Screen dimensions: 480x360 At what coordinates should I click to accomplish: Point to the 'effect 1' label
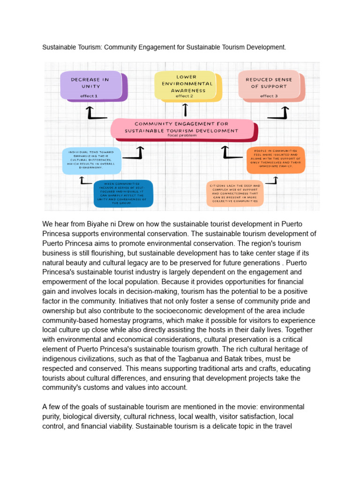[89, 96]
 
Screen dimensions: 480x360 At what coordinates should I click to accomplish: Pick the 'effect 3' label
[269, 96]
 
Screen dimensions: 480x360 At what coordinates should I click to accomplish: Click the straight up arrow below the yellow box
[186, 110]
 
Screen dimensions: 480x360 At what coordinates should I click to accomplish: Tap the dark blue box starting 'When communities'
[122, 193]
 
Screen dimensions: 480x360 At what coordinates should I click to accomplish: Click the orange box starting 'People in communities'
[276, 159]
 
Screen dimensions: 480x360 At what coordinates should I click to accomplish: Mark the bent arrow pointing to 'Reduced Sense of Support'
[279, 112]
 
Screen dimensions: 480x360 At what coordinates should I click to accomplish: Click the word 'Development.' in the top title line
[264, 48]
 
